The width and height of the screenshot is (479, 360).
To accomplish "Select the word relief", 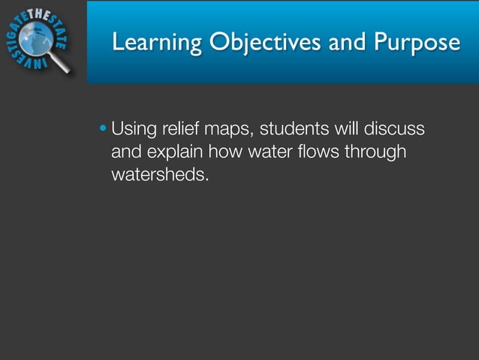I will click(x=182, y=130).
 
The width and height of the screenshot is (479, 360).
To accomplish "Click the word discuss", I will click(x=393, y=130).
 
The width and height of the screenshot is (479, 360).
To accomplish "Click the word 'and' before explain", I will click(x=125, y=153).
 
